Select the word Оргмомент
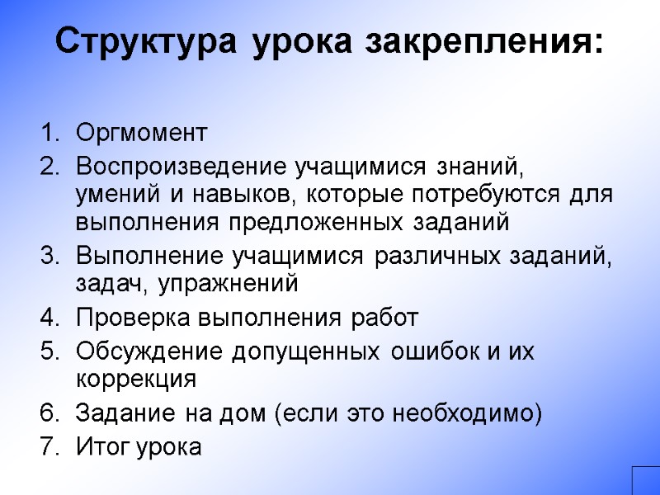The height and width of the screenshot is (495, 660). coord(141,132)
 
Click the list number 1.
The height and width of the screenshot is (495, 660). coord(47,132)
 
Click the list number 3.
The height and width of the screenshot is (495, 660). coord(47,256)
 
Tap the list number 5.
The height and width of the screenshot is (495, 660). coord(47,351)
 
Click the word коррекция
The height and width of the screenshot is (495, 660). coord(136,379)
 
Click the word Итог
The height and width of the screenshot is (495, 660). coord(99,447)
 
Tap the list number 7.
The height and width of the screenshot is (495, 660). coord(47,447)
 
